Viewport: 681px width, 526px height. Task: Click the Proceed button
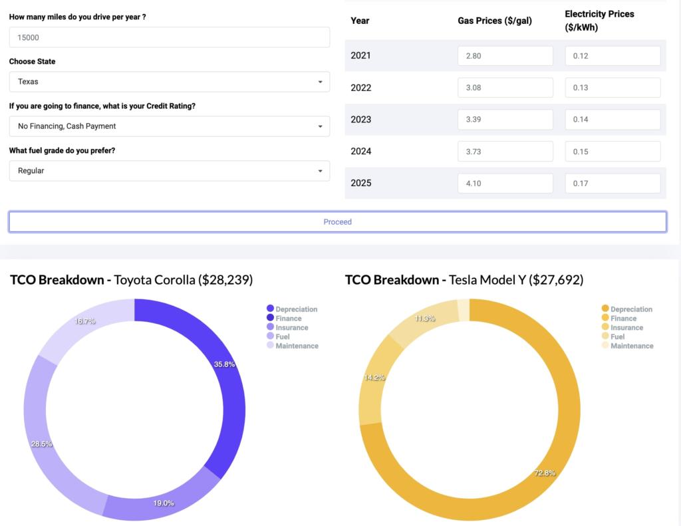tap(337, 221)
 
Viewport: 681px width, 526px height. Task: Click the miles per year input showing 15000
tap(169, 37)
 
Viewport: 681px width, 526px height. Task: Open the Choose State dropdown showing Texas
tap(169, 82)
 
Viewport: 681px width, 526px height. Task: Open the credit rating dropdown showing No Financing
tap(169, 126)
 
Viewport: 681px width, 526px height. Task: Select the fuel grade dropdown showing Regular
tap(169, 171)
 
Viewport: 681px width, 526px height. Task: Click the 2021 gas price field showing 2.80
tap(505, 56)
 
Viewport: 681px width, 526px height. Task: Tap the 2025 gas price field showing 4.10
tap(505, 184)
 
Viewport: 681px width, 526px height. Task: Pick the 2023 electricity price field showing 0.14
tap(612, 120)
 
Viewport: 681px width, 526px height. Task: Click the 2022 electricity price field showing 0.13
tap(612, 88)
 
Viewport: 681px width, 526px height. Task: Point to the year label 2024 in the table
tap(361, 152)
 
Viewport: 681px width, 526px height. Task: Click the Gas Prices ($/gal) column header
tap(495, 21)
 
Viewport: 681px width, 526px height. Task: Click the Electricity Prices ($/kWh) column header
tap(599, 21)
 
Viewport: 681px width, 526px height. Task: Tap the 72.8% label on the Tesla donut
tap(544, 473)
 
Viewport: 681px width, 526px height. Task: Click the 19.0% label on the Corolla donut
tap(164, 503)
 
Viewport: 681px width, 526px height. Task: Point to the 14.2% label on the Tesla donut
tap(374, 377)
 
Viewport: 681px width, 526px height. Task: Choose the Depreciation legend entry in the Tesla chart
tap(630, 309)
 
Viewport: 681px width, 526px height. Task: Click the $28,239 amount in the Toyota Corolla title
tap(225, 280)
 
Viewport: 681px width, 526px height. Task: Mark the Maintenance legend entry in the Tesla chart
tap(631, 346)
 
